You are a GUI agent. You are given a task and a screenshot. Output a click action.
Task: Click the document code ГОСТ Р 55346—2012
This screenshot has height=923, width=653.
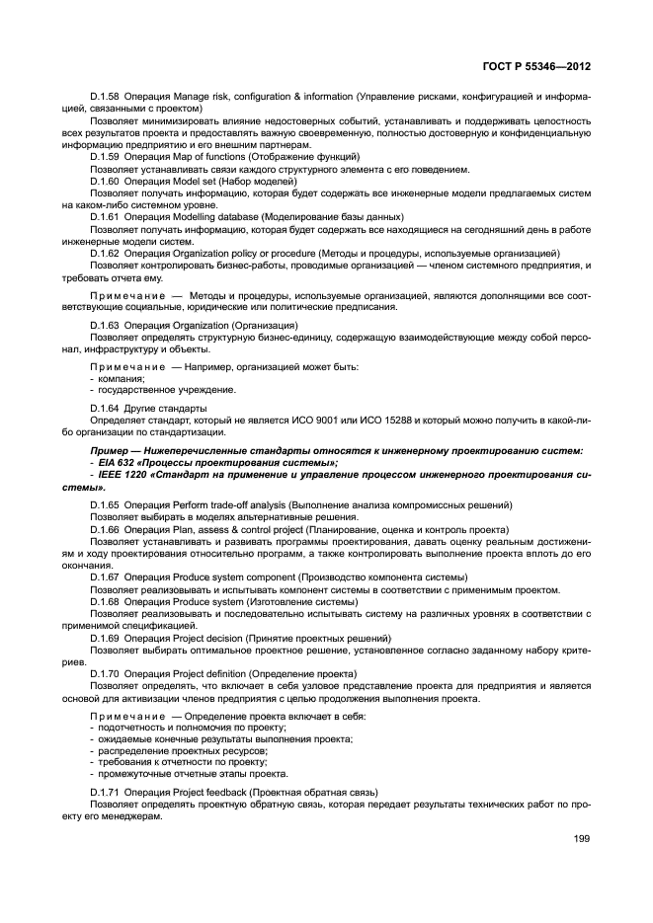pyautogui.click(x=537, y=67)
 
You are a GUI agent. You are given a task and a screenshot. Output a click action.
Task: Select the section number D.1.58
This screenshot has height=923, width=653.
pyautogui.click(x=105, y=97)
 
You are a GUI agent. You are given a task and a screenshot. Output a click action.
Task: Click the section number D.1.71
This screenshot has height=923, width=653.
pyautogui.click(x=105, y=793)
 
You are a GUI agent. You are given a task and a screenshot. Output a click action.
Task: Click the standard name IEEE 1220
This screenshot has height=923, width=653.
pyautogui.click(x=123, y=475)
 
